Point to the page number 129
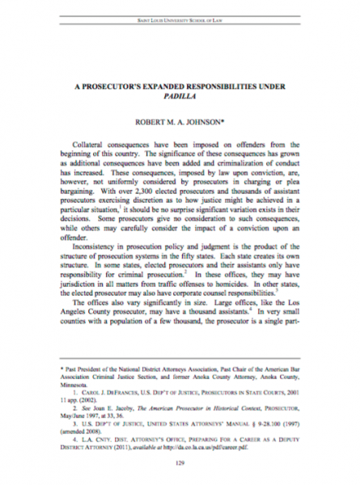pos(180,464)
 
